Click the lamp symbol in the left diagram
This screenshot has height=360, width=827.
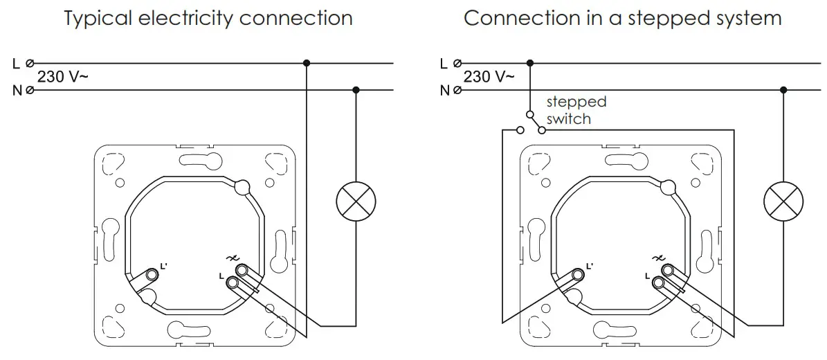(x=356, y=202)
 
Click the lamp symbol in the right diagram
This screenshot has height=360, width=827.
(x=783, y=202)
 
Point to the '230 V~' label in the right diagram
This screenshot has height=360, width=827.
(x=489, y=77)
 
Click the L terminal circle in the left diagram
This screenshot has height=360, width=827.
(x=29, y=63)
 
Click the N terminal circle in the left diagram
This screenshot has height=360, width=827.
(x=29, y=90)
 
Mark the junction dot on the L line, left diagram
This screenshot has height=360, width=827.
(x=307, y=63)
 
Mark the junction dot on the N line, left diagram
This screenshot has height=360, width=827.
(x=356, y=90)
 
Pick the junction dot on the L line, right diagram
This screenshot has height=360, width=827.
(x=530, y=63)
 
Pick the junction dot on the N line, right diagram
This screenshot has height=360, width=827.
(x=783, y=90)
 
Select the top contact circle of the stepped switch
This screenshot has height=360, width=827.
(x=530, y=114)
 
